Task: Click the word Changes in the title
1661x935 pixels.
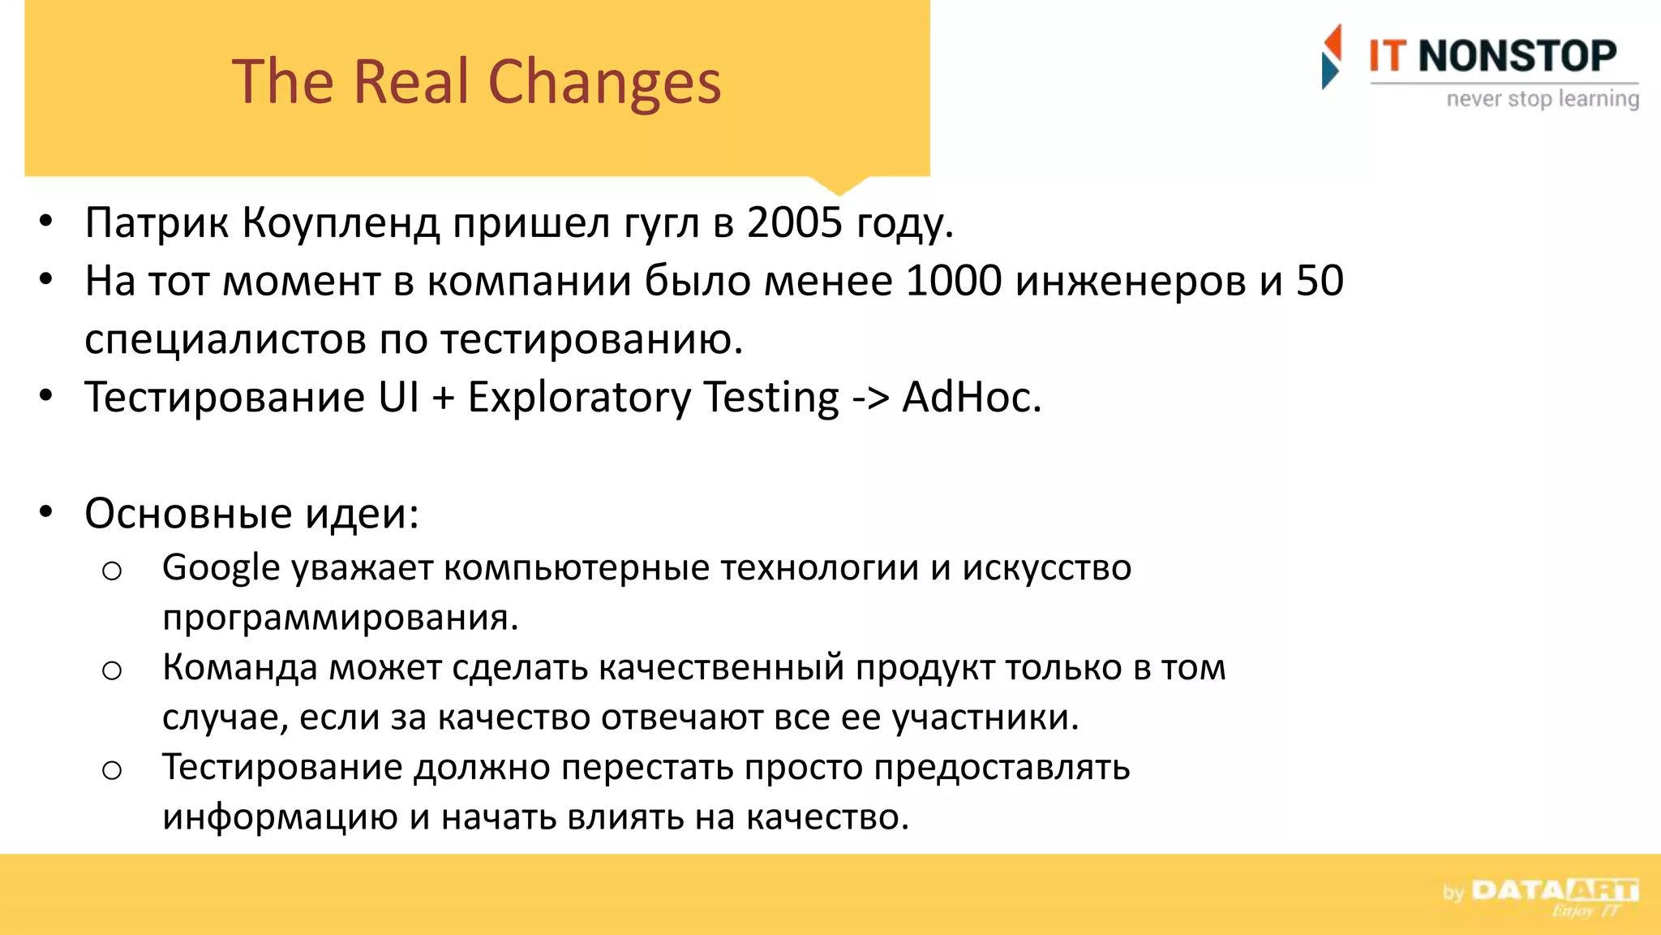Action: tap(604, 83)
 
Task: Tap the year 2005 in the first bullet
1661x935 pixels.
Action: tap(795, 222)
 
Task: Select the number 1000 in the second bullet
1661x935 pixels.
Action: tap(954, 281)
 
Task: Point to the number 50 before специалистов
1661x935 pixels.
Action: tap(1320, 281)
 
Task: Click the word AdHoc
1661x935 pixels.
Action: tap(971, 398)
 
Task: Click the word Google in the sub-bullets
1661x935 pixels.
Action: tap(221, 568)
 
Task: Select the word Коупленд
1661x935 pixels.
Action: tap(341, 223)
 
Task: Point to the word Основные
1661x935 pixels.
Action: tap(188, 514)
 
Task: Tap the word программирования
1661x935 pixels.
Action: tap(340, 618)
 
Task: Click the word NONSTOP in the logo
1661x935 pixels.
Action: tap(1517, 56)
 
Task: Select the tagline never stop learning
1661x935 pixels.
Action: tap(1543, 99)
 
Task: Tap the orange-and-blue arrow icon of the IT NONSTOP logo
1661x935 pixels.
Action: tap(1331, 56)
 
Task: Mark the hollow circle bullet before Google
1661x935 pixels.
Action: tap(112, 571)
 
